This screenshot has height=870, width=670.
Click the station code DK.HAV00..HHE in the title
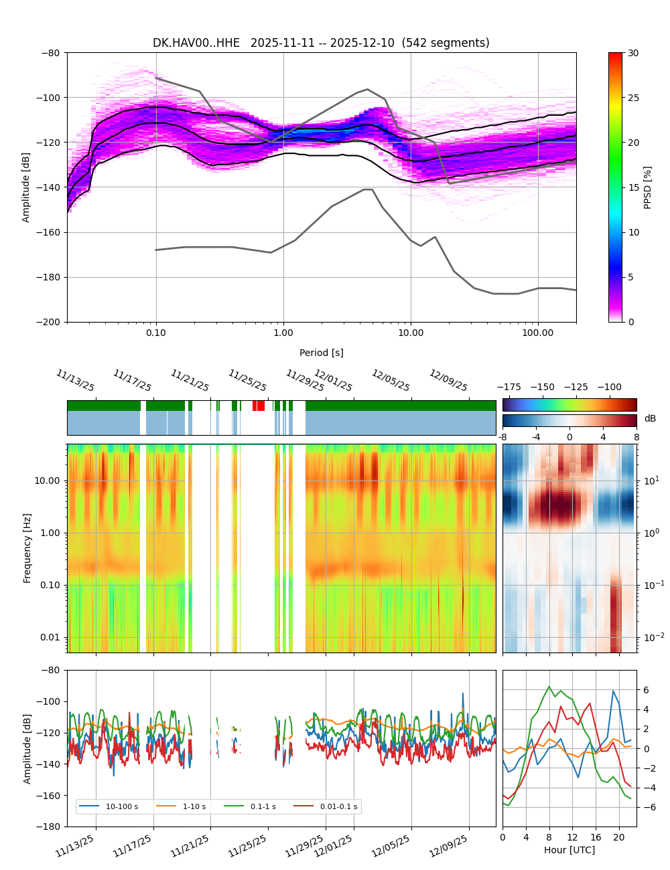coord(196,43)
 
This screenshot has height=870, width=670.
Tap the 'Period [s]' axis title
coord(321,353)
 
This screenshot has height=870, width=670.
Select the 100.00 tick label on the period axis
coord(538,333)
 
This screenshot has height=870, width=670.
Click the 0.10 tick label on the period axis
coord(156,333)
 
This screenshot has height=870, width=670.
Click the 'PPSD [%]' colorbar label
coord(648,187)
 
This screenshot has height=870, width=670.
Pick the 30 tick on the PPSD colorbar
coord(633,53)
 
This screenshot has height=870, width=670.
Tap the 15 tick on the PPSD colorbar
coord(633,187)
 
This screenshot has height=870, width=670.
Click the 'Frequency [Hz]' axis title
coord(27,547)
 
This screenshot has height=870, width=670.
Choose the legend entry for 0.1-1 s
coord(263,806)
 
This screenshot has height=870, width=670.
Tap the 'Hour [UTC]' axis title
coord(569,850)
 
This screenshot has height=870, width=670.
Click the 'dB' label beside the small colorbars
coord(650,418)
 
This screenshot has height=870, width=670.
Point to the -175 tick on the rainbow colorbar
coord(512,387)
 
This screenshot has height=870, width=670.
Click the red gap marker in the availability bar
coord(259,406)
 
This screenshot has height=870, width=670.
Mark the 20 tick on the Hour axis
coord(618,837)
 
